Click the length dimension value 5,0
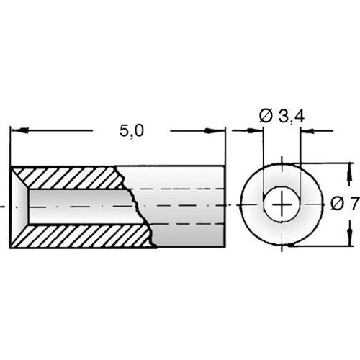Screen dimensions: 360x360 point(132,131)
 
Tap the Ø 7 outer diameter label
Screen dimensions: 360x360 point(345,204)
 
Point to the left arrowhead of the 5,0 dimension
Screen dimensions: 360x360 point(18,131)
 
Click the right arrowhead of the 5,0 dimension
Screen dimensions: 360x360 point(217,131)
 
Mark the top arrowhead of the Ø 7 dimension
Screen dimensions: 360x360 point(351,172)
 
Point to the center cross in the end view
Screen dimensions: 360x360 point(281,206)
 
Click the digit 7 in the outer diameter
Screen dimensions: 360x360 point(353,204)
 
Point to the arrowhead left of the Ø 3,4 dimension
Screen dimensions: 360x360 point(256,131)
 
